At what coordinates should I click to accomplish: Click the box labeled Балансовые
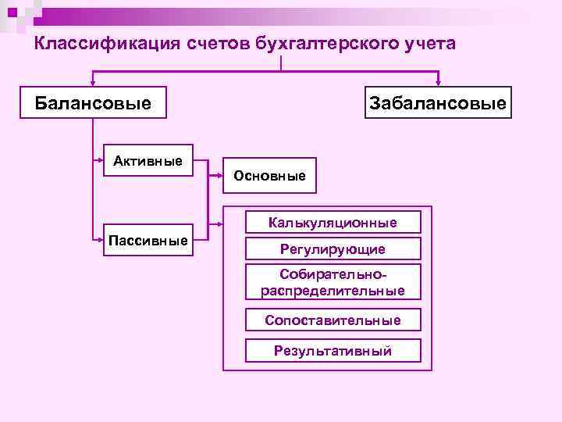(94, 102)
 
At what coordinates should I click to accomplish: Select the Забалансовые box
(437, 102)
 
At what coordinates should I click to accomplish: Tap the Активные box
(148, 162)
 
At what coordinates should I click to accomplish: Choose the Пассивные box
(148, 239)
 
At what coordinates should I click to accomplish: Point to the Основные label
(269, 176)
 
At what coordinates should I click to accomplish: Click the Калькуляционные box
(333, 223)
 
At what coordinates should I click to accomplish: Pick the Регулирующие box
(333, 249)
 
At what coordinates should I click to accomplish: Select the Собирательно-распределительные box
(333, 282)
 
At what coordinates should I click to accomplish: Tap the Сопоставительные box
(333, 320)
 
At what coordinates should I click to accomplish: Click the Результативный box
(333, 351)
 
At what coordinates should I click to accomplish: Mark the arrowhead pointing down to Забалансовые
(439, 81)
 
